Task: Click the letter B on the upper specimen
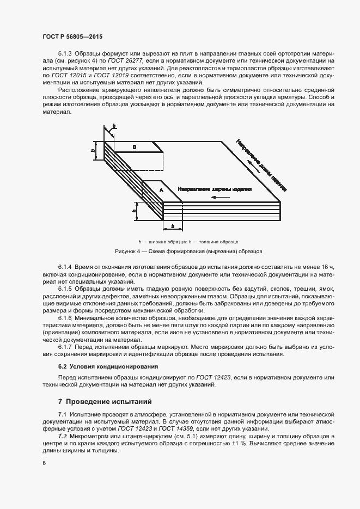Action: pyautogui.click(x=135, y=147)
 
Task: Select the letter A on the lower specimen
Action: pyautogui.click(x=161, y=189)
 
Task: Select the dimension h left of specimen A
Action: pyautogui.click(x=134, y=206)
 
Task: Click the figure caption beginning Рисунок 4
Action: pyautogui.click(x=189, y=252)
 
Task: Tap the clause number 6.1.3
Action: pyautogui.click(x=65, y=55)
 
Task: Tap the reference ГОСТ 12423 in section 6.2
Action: pyautogui.click(x=198, y=377)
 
